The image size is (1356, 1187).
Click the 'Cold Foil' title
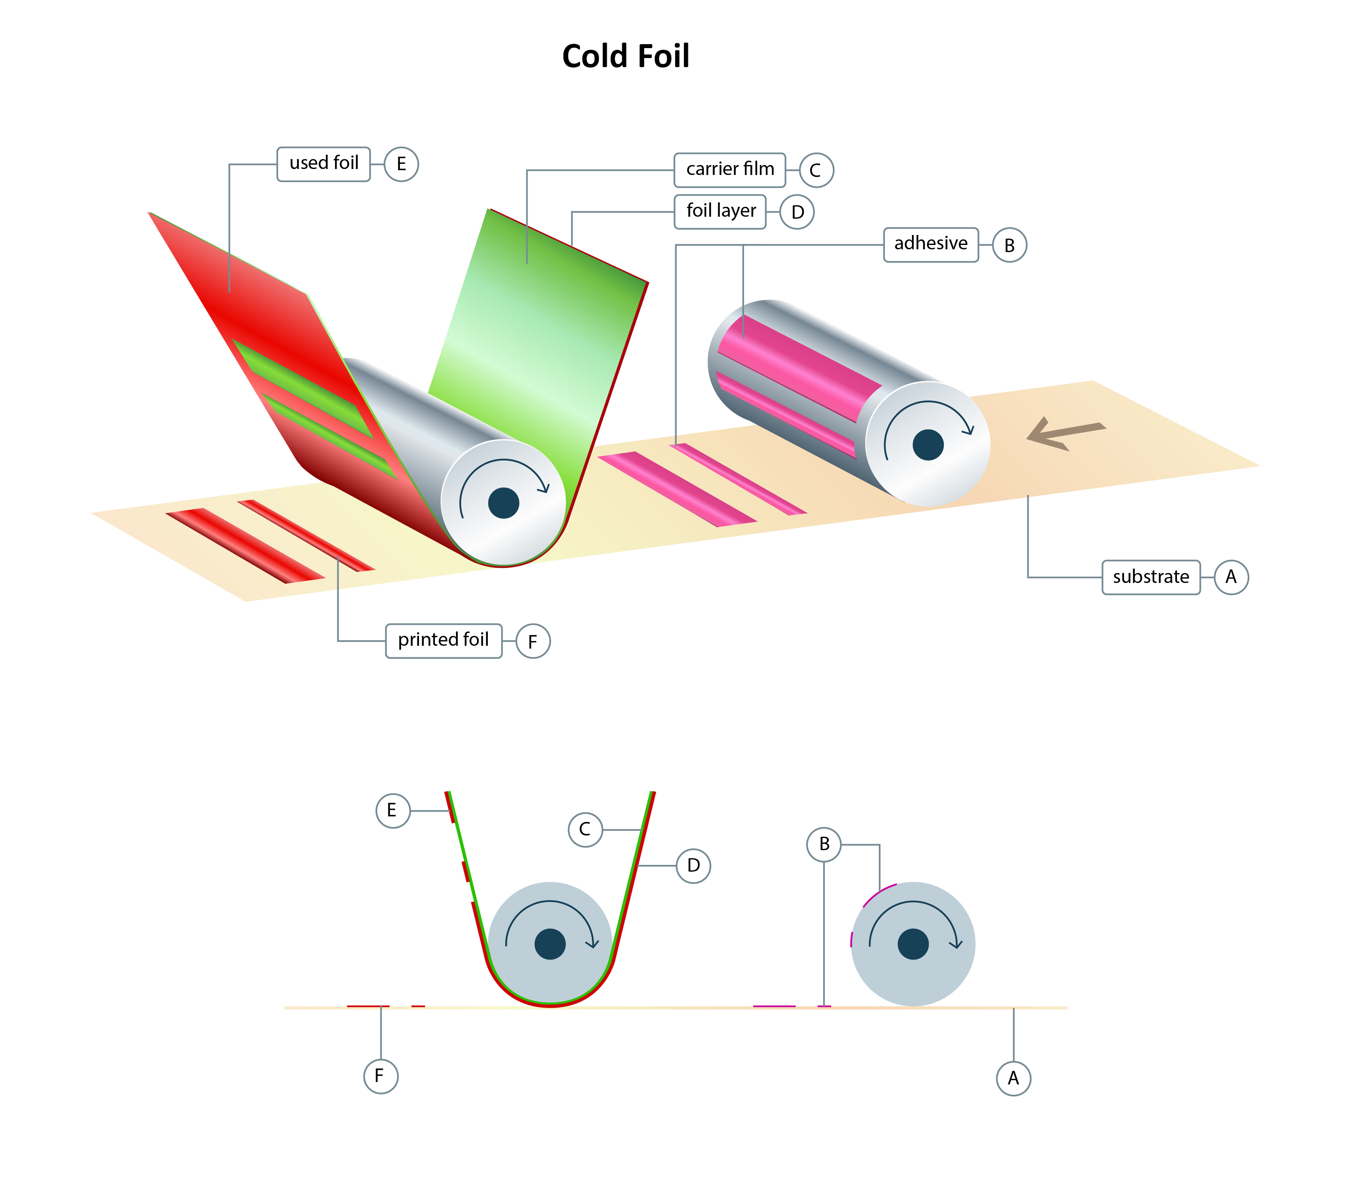[625, 56]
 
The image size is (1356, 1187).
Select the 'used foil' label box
[323, 163]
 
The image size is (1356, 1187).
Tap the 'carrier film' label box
[730, 169]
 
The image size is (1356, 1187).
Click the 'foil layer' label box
[721, 211]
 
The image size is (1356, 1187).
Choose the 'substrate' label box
[1151, 577]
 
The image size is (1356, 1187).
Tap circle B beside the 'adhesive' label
[1009, 245]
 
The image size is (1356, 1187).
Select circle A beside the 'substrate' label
[1231, 577]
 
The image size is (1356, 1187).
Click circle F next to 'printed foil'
[533, 641]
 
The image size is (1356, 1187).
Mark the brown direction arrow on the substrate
[1065, 433]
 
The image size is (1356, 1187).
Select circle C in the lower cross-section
[585, 830]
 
